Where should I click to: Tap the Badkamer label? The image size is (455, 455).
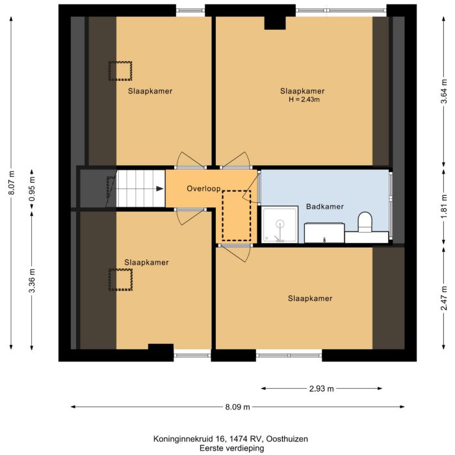click(x=324, y=207)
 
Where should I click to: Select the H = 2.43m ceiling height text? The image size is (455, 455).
click(x=303, y=100)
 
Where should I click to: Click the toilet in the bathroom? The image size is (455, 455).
click(x=365, y=222)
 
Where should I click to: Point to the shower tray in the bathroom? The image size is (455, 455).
click(x=279, y=225)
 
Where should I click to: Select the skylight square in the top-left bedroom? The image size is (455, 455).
click(x=120, y=71)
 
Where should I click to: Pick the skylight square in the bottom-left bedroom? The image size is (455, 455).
click(x=120, y=280)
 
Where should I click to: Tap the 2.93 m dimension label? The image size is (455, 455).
click(x=321, y=389)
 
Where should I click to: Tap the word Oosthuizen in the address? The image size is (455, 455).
click(x=281, y=439)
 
